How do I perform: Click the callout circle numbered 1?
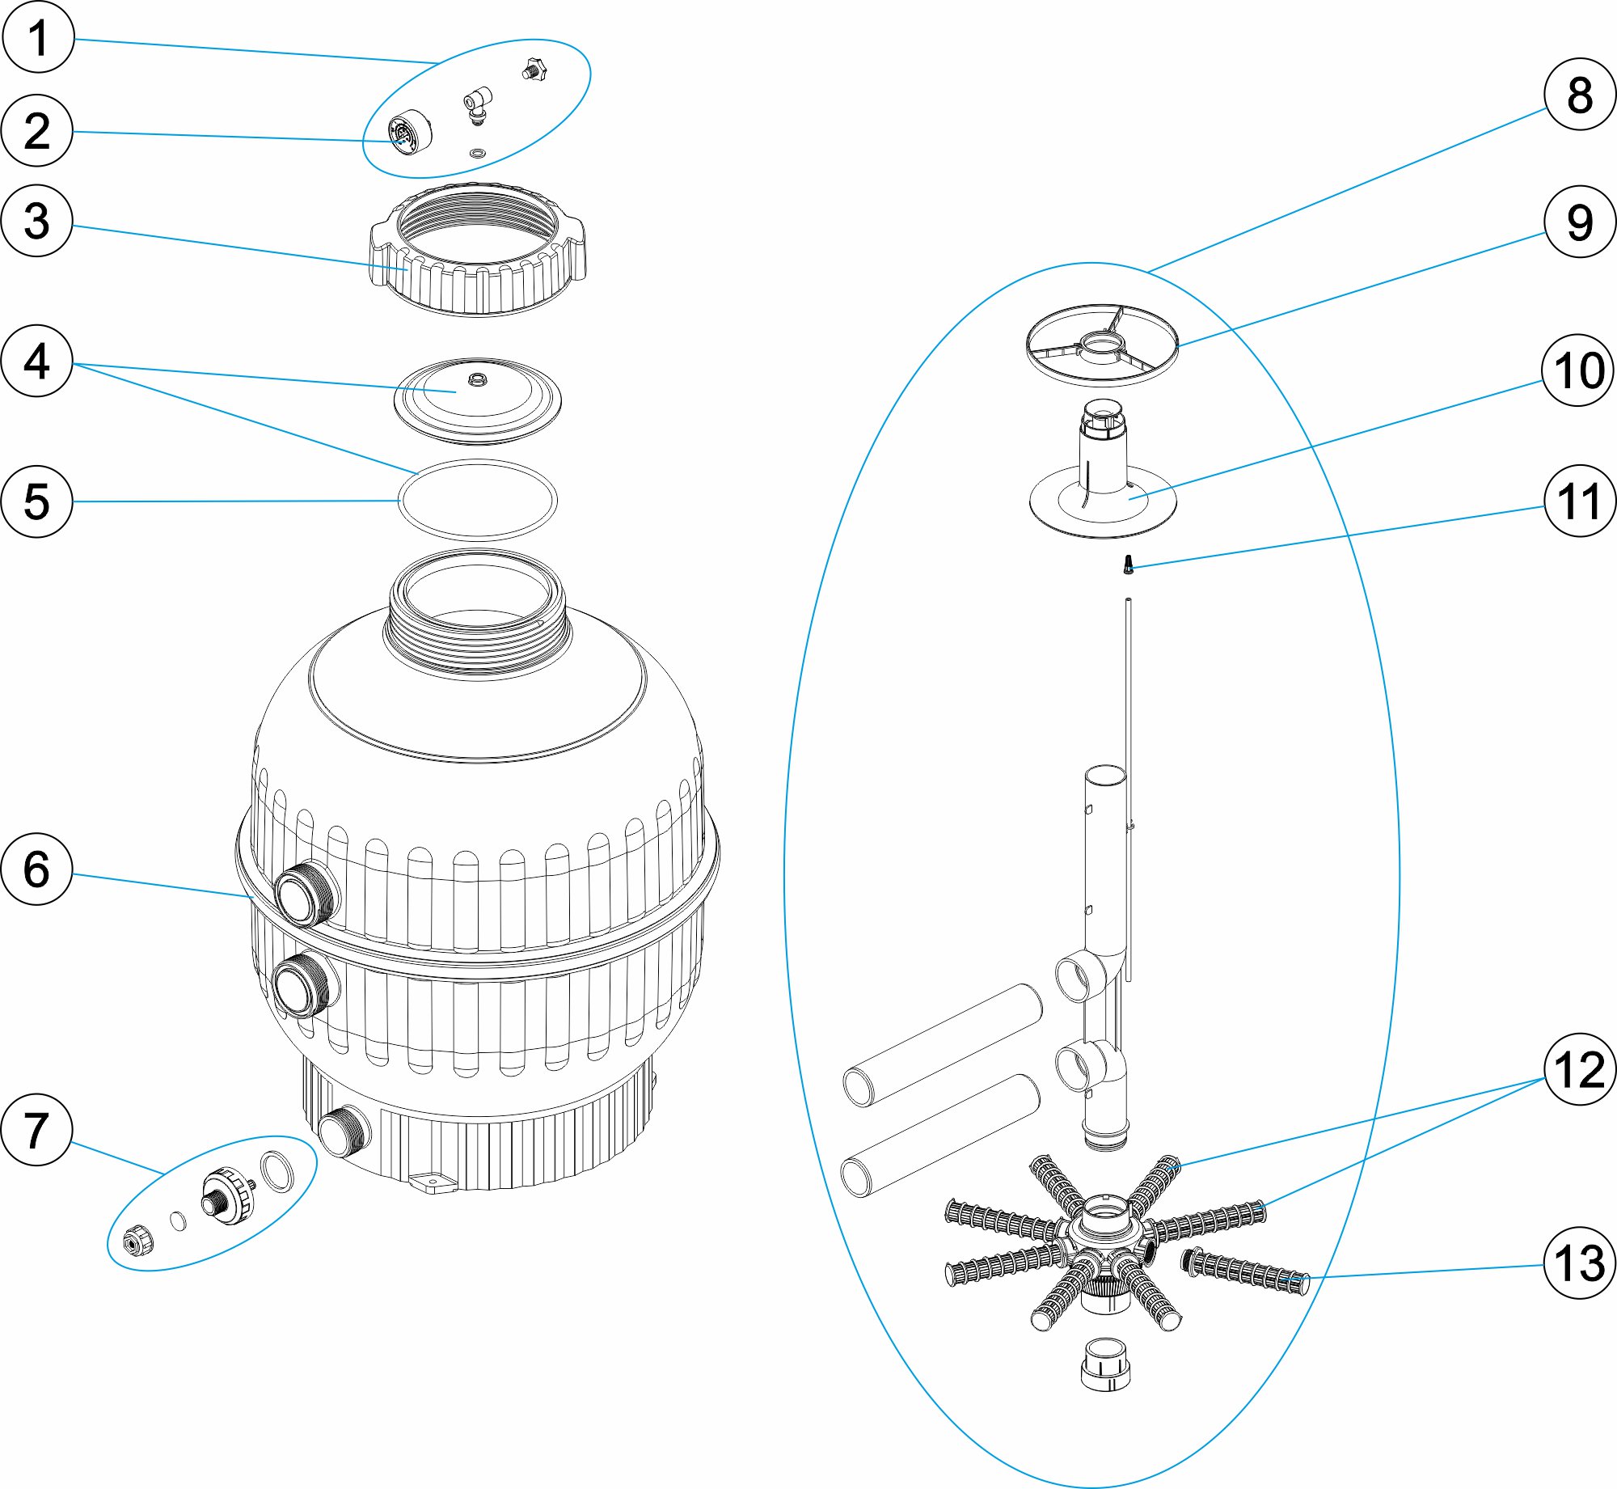point(38,37)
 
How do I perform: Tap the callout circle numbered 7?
point(37,1129)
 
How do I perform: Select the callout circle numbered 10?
point(1579,370)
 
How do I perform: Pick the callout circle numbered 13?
point(1579,1263)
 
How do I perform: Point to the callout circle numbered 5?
point(37,501)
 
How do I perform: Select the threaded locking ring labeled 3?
point(478,251)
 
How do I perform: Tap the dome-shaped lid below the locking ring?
point(477,400)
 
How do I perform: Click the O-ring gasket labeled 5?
point(401,500)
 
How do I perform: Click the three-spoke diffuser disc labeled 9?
point(1102,345)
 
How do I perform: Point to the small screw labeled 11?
point(1129,565)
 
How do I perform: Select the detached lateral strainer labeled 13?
point(1245,1271)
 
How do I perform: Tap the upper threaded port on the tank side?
point(306,894)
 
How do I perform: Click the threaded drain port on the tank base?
point(343,1131)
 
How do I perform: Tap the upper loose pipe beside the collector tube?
point(943,1044)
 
